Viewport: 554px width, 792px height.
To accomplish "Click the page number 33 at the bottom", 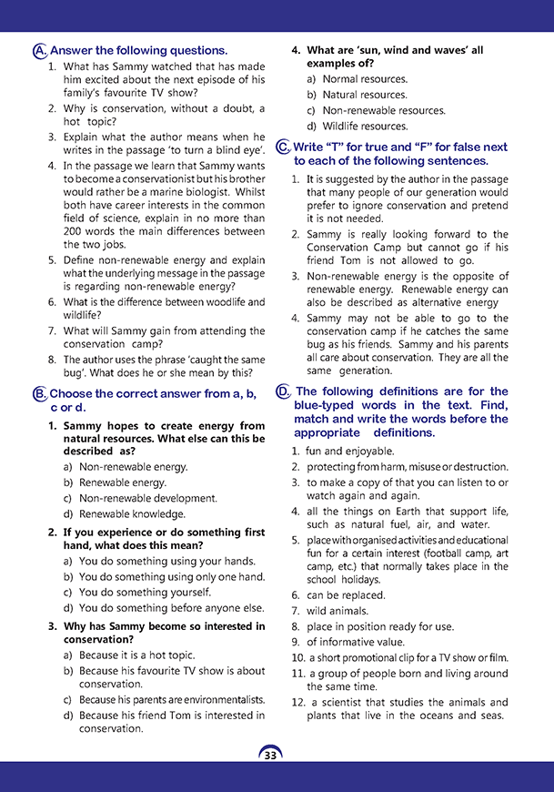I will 270,755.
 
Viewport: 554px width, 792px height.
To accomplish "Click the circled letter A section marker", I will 38,51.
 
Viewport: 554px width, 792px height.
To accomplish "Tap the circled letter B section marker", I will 39,393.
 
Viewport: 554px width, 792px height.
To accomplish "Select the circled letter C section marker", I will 283,147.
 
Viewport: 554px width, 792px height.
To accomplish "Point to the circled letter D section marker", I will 283,392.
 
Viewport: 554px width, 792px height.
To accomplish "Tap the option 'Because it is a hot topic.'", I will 136,655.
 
